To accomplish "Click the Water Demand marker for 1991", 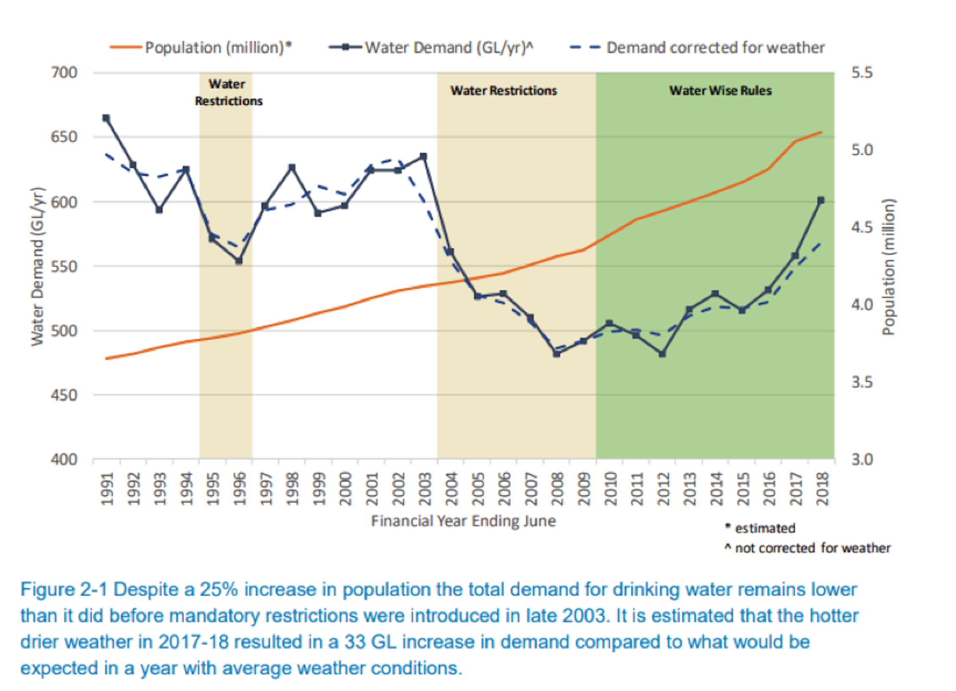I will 106,118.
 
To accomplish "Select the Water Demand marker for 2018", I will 821,201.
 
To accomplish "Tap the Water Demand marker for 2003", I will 424,157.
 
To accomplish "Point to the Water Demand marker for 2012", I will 662,354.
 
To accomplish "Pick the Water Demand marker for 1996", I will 239,261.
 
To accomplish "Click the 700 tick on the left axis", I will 64,73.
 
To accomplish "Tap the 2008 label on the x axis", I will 557,489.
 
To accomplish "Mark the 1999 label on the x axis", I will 319,489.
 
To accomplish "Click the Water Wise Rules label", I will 720,90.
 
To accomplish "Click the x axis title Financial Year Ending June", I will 463,521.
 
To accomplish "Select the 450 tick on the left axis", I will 64,395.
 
